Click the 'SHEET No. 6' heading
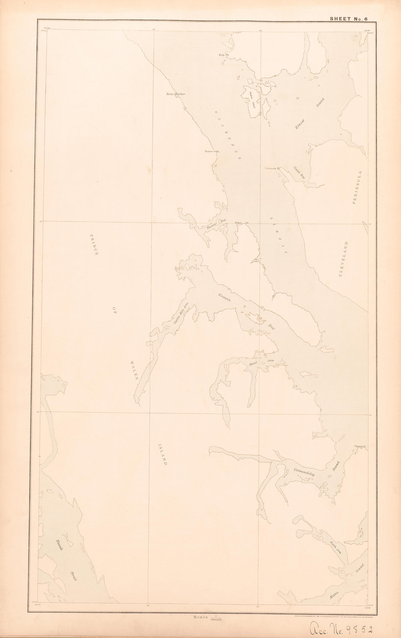pyautogui.click(x=348, y=18)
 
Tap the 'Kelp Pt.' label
pyautogui.click(x=223, y=55)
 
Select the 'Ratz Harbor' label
pyautogui.click(x=176, y=94)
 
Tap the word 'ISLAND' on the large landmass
pyautogui.click(x=163, y=455)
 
